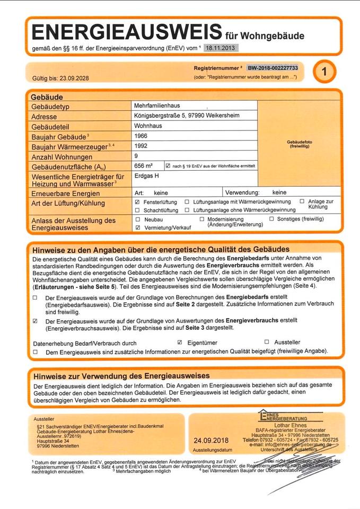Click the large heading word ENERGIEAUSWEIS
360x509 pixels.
[126, 32]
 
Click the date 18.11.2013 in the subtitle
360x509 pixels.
[221, 48]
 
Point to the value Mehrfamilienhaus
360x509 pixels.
[157, 106]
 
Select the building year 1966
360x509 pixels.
[142, 136]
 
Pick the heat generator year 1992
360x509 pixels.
[142, 145]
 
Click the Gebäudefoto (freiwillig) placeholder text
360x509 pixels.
[298, 144]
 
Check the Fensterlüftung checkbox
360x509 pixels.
[138, 202]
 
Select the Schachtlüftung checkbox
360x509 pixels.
[138, 210]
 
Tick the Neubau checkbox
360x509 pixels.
[138, 219]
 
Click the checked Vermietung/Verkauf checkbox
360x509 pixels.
[138, 227]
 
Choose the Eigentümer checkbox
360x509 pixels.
[180, 343]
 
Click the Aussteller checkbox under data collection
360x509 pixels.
[267, 343]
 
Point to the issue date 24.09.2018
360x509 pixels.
[210, 441]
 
